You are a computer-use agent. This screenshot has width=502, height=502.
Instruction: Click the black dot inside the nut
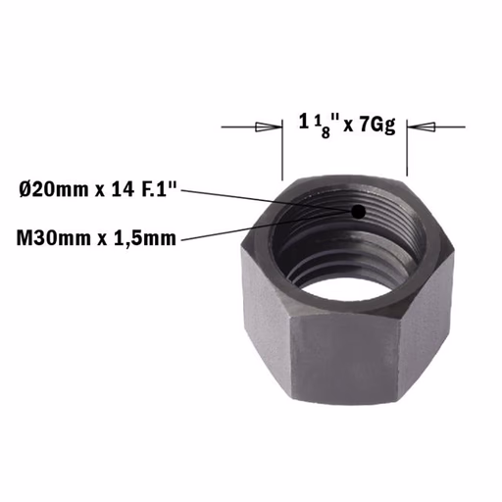pyautogui.click(x=359, y=212)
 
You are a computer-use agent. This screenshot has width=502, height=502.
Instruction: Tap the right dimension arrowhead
pyautogui.click(x=422, y=127)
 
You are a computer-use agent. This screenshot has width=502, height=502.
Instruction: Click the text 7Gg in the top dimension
pyautogui.click(x=377, y=125)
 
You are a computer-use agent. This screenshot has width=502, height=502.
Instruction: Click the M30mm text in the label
pyautogui.click(x=54, y=238)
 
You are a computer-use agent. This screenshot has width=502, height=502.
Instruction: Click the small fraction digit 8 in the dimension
pyautogui.click(x=326, y=133)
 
